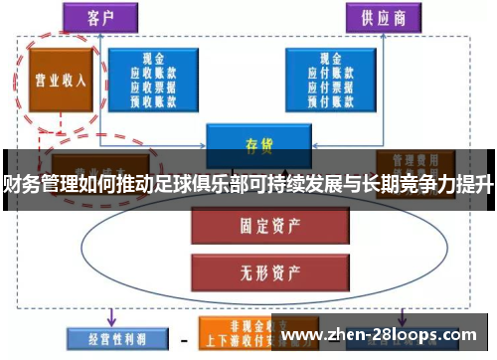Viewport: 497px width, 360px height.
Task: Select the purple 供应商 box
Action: (x=384, y=17)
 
